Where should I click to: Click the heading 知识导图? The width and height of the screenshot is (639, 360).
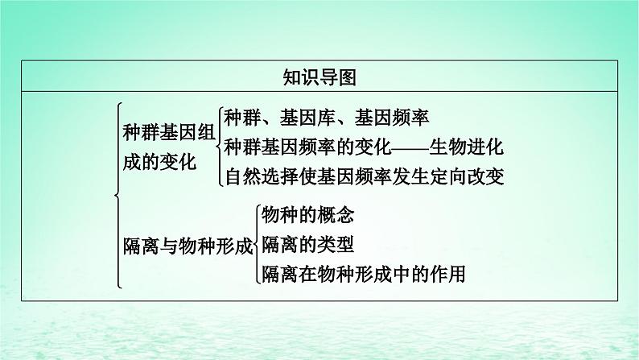[x=319, y=77]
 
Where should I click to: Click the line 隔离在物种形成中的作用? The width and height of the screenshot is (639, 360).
[x=364, y=274]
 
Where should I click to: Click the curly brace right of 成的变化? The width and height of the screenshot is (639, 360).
[x=218, y=147]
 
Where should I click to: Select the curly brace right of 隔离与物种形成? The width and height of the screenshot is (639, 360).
[x=255, y=245]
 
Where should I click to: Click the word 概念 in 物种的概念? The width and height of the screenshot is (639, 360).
[x=337, y=215]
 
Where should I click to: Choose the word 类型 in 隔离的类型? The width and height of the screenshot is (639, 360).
[x=337, y=244]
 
